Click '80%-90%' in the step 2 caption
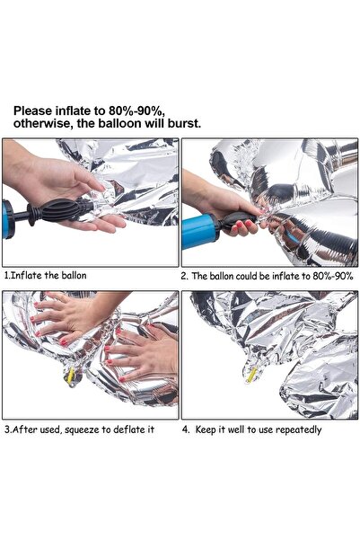[x=330, y=276]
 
